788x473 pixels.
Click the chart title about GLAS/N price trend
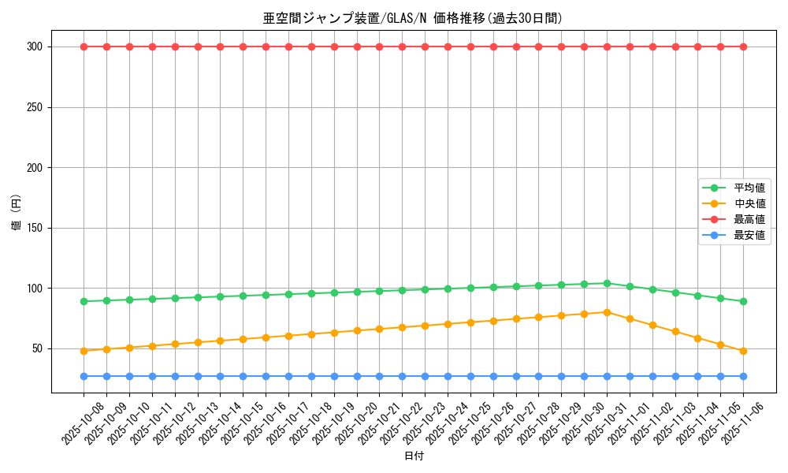tap(412, 18)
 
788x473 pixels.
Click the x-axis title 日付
tap(414, 456)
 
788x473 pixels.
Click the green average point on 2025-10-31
tap(607, 283)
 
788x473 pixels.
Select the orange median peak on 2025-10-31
tap(607, 312)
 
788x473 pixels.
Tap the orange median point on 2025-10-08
tap(84, 351)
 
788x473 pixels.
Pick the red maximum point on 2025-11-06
tap(743, 47)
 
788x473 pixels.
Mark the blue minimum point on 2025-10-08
tap(84, 376)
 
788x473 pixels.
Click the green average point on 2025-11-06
tap(743, 301)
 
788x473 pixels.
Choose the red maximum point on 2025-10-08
tap(84, 47)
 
